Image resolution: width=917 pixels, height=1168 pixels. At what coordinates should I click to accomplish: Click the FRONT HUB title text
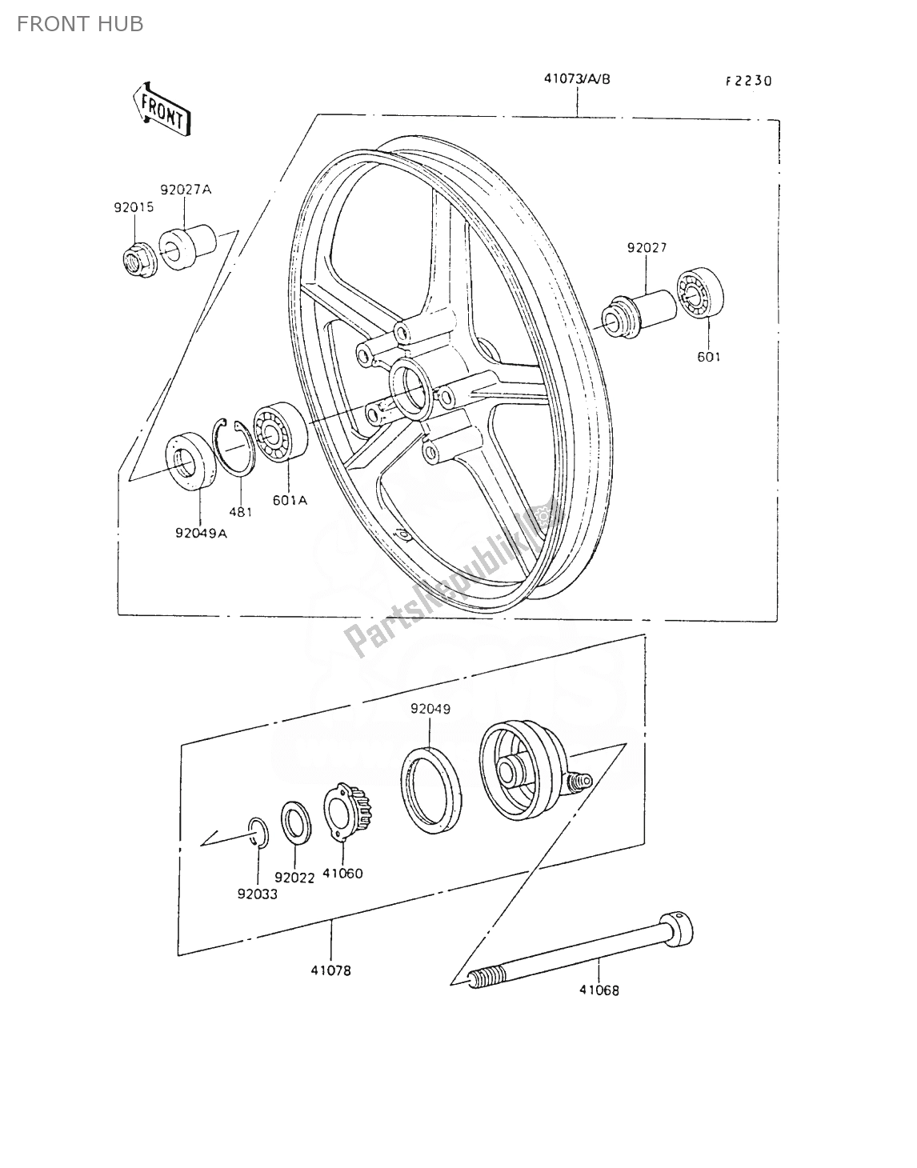click(80, 24)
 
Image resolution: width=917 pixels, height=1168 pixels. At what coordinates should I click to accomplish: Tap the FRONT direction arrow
click(163, 107)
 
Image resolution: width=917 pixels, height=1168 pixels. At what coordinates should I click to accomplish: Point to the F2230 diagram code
click(748, 81)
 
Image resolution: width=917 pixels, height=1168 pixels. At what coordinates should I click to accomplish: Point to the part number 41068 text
click(599, 990)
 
